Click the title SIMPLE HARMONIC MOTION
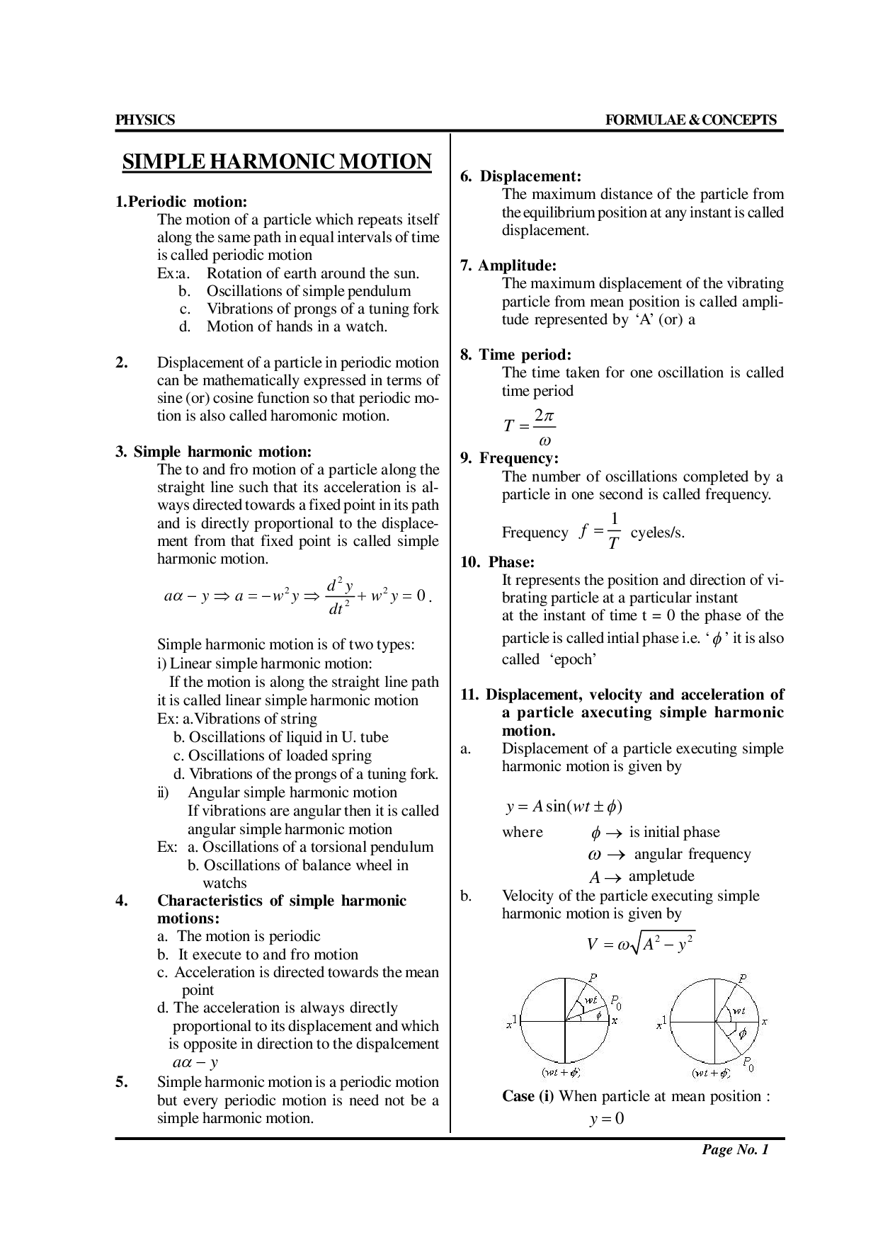[277, 162]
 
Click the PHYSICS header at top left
[144, 120]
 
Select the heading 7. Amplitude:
[517, 266]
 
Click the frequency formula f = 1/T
[599, 531]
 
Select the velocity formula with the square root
[640, 944]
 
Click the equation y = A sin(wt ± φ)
[564, 807]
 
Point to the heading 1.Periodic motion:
[181, 202]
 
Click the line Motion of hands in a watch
[297, 327]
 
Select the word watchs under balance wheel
[224, 883]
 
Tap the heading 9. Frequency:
[509, 458]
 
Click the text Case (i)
[528, 1096]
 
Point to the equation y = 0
[606, 1119]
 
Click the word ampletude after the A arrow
[661, 876]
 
